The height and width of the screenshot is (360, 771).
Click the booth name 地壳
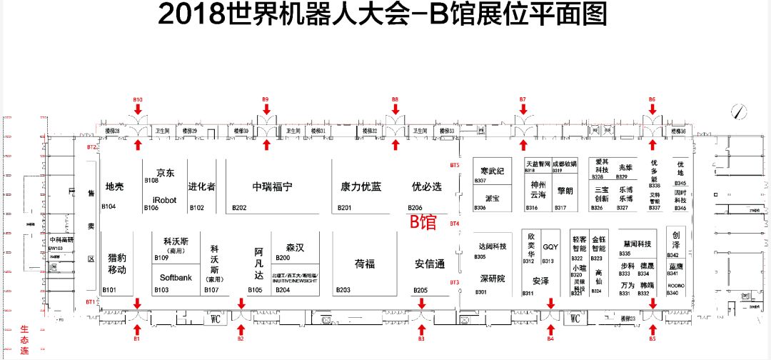(x=115, y=186)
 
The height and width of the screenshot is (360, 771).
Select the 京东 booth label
(x=166, y=173)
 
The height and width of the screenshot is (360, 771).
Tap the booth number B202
(x=239, y=208)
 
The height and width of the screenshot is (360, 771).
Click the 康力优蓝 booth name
(x=361, y=186)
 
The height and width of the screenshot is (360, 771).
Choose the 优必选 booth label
(x=427, y=186)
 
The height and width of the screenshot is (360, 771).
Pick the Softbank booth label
(x=176, y=277)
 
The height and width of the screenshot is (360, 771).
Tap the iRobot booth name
(x=164, y=200)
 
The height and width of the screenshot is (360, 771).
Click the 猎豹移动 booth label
(x=117, y=264)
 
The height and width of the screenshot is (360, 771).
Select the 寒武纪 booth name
(x=492, y=171)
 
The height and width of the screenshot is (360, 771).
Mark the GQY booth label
(x=550, y=246)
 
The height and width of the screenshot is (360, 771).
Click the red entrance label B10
(x=138, y=99)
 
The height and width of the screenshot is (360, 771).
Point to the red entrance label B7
(x=523, y=99)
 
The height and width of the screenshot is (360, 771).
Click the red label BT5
(x=455, y=165)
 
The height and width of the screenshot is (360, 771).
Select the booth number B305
(x=480, y=257)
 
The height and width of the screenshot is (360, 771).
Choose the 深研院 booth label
(x=492, y=279)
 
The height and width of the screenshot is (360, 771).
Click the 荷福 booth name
(x=365, y=264)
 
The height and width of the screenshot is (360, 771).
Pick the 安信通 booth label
(x=430, y=264)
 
